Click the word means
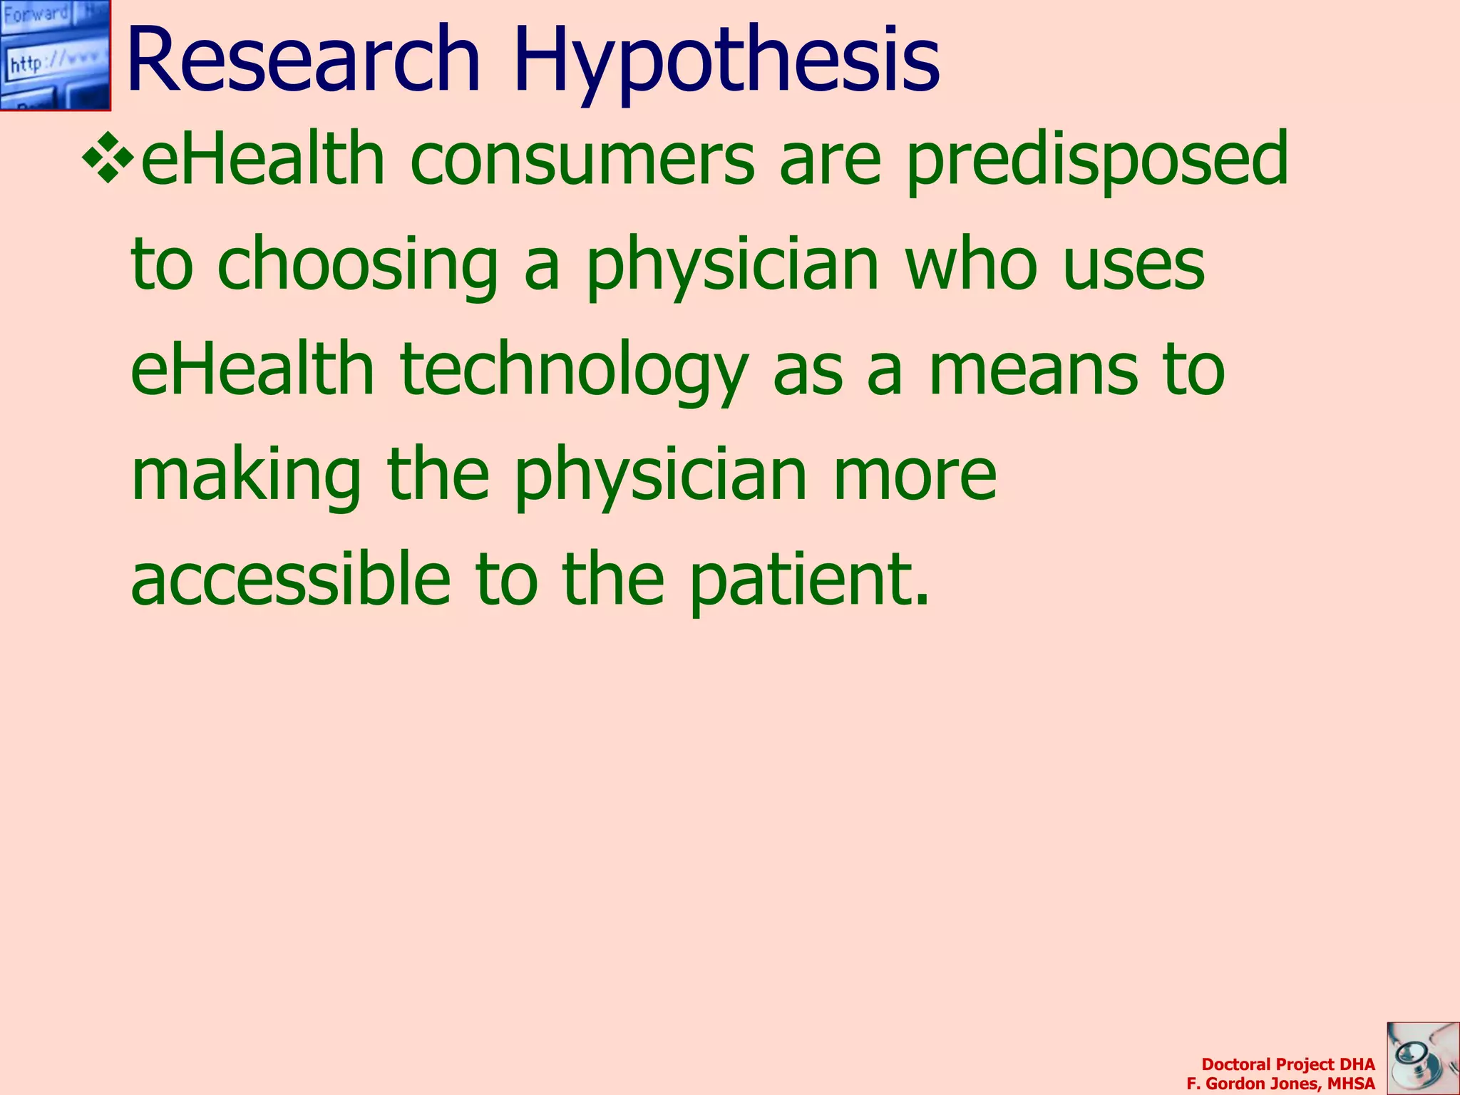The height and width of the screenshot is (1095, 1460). click(x=1034, y=371)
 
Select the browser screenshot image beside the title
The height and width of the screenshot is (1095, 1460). click(x=55, y=55)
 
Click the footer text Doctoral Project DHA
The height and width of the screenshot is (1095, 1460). click(x=1288, y=1064)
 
